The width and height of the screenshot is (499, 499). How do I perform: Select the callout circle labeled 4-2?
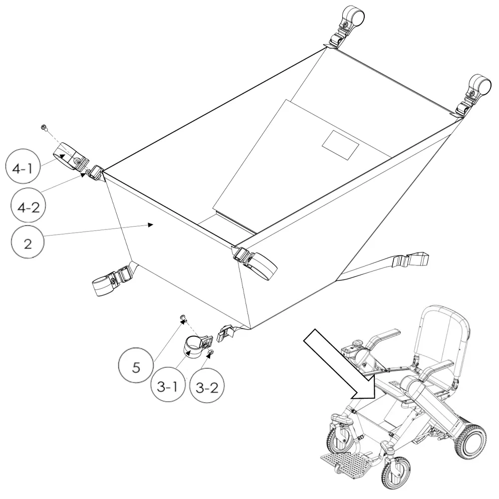[28, 207]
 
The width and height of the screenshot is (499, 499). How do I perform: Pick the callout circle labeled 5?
[136, 367]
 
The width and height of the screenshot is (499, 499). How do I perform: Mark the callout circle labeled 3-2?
[207, 387]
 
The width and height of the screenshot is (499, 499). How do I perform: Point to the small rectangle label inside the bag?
[340, 145]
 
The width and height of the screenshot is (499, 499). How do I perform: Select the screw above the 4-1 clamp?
[44, 128]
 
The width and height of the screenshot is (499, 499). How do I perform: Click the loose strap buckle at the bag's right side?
[411, 259]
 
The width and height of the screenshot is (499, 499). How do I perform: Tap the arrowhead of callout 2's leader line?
[151, 225]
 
